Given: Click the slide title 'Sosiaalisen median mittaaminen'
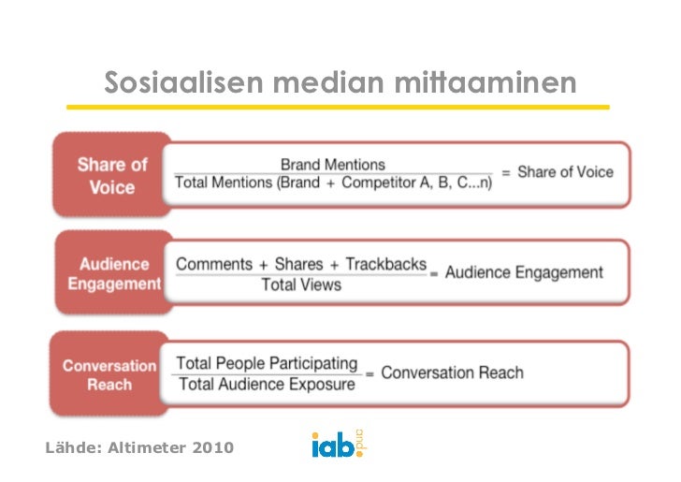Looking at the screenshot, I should [x=340, y=83].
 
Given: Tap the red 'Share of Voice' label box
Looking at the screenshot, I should [x=112, y=176].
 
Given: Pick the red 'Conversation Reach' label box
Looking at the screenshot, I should [x=109, y=374].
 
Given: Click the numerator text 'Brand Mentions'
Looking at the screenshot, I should [x=332, y=165].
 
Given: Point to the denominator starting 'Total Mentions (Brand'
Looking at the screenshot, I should [x=246, y=183].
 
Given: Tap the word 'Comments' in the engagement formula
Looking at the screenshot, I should [x=214, y=264].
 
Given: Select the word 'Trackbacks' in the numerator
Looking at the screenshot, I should [x=385, y=264].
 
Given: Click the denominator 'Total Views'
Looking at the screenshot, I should [x=300, y=285].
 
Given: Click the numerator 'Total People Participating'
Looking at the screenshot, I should [x=267, y=363].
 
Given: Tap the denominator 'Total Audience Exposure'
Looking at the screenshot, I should [x=267, y=384].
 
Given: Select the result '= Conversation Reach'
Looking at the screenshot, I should [x=444, y=372].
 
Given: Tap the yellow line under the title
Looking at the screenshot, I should [x=337, y=107].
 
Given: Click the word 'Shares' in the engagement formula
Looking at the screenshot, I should [x=300, y=264].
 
